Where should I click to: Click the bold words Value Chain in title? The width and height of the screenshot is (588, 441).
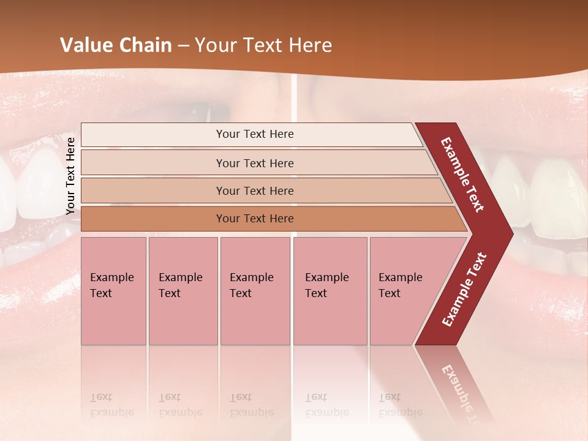coord(116,45)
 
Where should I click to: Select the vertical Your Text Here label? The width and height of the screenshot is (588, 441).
coord(70,176)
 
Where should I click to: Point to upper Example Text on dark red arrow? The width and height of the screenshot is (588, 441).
coord(462,175)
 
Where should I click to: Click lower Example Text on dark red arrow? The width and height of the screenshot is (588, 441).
coord(464,290)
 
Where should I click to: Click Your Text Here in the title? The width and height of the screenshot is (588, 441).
coord(263,45)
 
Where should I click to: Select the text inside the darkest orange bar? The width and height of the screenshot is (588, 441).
coord(255,219)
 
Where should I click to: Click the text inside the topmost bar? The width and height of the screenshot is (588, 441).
coord(255,134)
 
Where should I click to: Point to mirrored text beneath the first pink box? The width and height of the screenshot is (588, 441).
coord(111,405)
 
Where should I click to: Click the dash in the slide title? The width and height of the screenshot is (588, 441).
coord(183,46)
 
